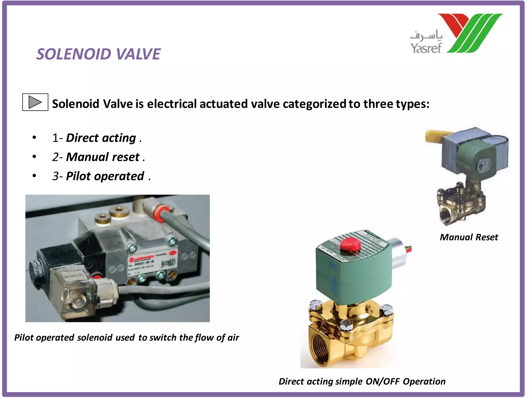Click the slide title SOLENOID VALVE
click(x=98, y=54)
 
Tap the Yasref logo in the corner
click(x=456, y=34)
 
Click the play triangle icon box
click(x=35, y=102)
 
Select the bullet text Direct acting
click(x=101, y=138)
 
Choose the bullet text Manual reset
click(x=103, y=157)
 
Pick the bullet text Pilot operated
click(x=105, y=176)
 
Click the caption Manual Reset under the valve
click(x=469, y=237)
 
